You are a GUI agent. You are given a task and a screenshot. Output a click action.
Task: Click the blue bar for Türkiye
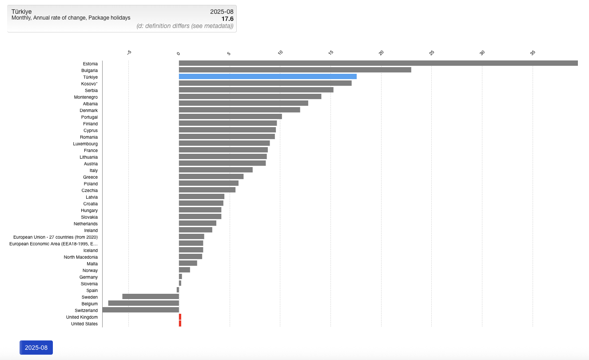click(267, 76)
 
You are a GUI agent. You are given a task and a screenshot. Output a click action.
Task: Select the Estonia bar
click(378, 63)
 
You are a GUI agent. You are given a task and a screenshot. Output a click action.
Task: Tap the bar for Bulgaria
click(295, 70)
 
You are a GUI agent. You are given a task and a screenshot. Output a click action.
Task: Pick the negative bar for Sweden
click(151, 296)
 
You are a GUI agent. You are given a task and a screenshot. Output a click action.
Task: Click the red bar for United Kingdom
click(180, 317)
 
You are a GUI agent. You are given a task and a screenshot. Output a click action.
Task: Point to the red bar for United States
click(180, 324)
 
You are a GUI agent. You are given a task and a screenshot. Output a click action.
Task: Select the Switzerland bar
click(140, 310)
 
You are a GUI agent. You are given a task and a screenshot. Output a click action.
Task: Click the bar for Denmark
click(239, 110)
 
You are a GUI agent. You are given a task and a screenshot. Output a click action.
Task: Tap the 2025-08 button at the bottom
click(36, 348)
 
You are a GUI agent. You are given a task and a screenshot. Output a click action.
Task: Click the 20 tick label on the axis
click(381, 53)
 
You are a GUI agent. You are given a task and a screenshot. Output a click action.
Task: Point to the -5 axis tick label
click(129, 53)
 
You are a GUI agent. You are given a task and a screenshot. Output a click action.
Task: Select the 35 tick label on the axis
click(533, 53)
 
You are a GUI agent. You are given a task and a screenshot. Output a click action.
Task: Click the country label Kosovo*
click(89, 84)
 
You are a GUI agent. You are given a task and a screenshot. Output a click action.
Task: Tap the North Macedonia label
click(81, 257)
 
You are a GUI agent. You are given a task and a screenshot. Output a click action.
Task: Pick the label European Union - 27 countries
click(56, 237)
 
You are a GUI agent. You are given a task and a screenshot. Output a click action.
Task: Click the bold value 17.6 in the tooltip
click(227, 19)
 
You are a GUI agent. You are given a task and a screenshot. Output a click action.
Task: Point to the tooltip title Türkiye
click(21, 12)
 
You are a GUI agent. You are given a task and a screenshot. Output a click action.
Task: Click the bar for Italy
click(215, 170)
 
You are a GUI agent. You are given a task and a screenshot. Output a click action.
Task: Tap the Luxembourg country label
click(85, 144)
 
